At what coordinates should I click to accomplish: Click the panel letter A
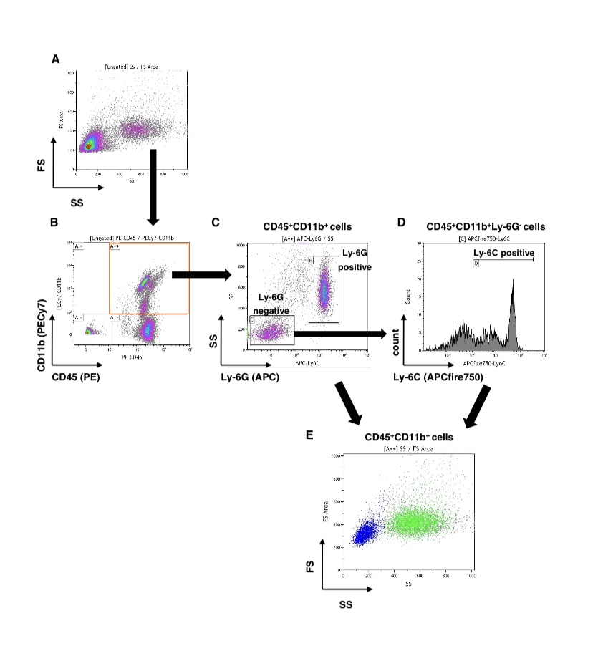(x=55, y=59)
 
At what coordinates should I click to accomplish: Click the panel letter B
(x=54, y=223)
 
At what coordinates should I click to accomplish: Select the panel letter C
(x=216, y=223)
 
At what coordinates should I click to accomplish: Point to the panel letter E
(x=309, y=435)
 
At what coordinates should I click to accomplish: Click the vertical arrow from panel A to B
(x=153, y=184)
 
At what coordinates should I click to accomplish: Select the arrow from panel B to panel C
(x=201, y=274)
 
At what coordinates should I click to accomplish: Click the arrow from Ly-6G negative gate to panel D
(x=340, y=333)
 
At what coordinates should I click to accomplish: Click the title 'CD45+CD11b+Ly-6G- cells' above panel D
(x=486, y=226)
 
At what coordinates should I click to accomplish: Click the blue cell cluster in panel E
(x=366, y=531)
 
